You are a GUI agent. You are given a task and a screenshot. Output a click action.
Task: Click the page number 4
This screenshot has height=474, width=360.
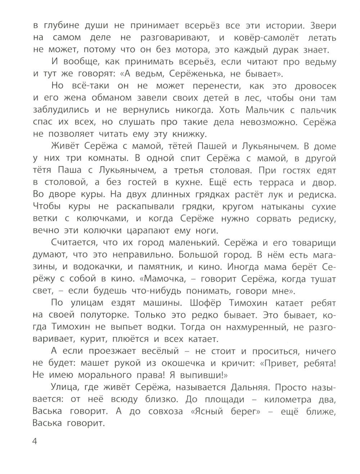pyautogui.click(x=35, y=442)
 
